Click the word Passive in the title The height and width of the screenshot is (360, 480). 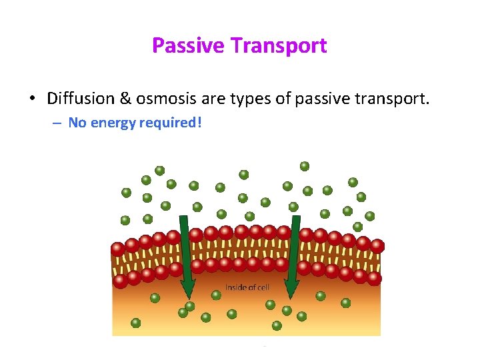pyautogui.click(x=189, y=45)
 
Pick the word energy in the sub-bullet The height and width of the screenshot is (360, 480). pyautogui.click(x=113, y=123)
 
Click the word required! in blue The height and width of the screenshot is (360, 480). pyautogui.click(x=171, y=123)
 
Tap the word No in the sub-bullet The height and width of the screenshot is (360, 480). pyautogui.click(x=77, y=123)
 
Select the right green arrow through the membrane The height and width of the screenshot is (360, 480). pyautogui.click(x=293, y=260)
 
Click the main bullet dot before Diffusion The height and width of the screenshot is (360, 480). pyautogui.click(x=32, y=100)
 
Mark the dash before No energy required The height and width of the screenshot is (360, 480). pyautogui.click(x=59, y=123)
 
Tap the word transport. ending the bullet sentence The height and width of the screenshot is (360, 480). pyautogui.click(x=396, y=99)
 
